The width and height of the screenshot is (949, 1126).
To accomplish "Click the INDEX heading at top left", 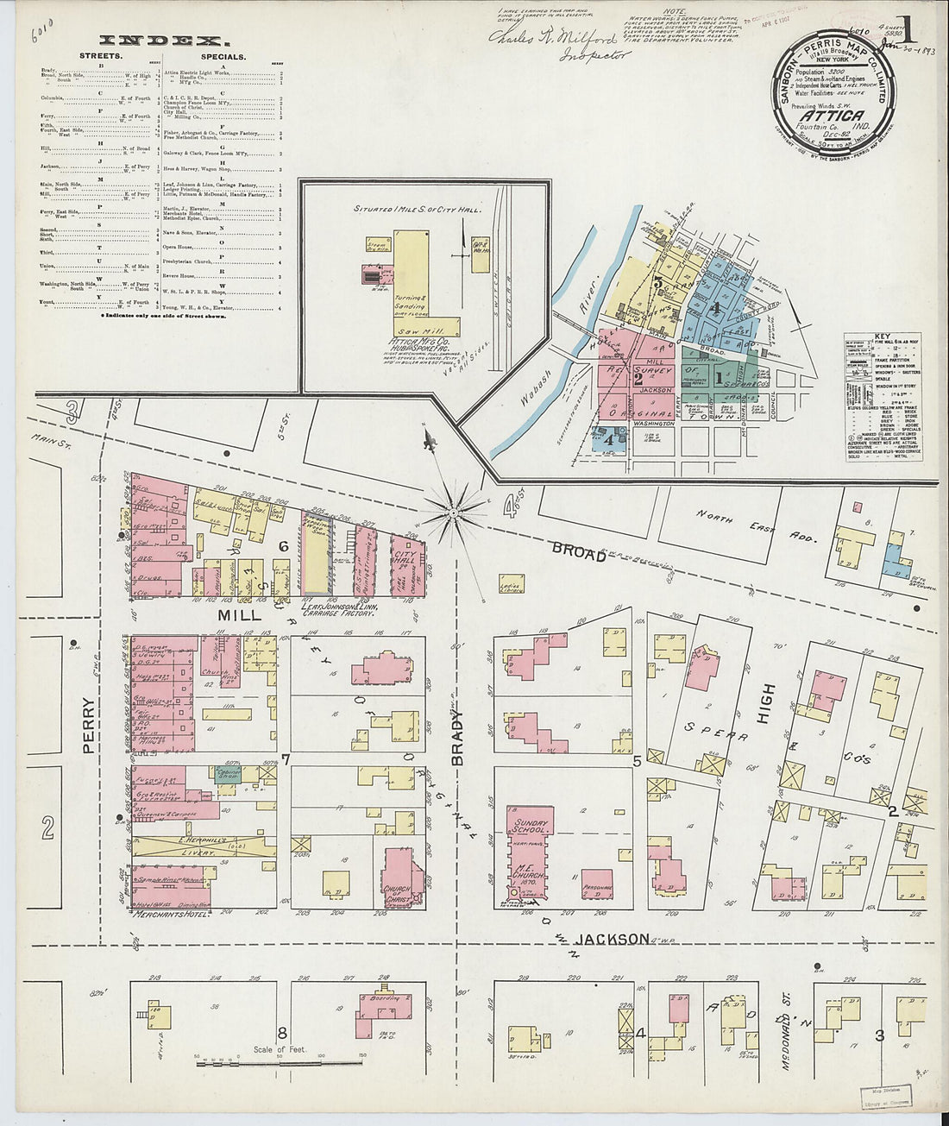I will tap(164, 41).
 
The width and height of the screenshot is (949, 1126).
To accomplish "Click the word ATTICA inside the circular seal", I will tap(831, 116).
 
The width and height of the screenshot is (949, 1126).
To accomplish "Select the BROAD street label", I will tap(579, 552).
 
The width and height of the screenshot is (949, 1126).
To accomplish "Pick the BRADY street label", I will tap(458, 735).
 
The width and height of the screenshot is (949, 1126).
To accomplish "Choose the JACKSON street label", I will tap(613, 939).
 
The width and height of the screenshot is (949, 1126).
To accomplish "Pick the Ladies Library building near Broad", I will tap(512, 586).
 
